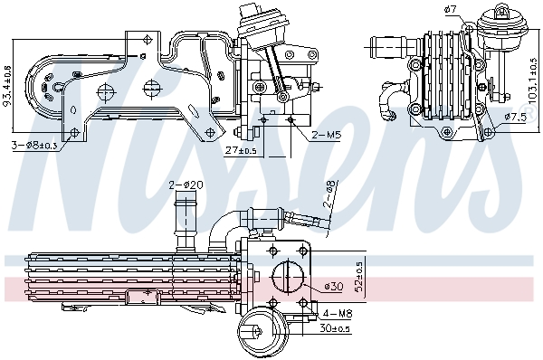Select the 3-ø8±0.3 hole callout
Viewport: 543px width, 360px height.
[34, 146]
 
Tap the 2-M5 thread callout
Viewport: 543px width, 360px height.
[326, 135]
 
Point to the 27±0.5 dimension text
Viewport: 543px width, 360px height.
[241, 151]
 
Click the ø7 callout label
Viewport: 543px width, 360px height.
[451, 10]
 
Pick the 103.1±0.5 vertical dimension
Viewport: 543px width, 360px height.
[534, 81]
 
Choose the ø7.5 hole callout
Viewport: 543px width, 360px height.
[515, 117]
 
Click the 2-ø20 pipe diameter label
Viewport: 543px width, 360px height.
[186, 185]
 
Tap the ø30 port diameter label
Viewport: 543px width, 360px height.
[334, 287]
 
